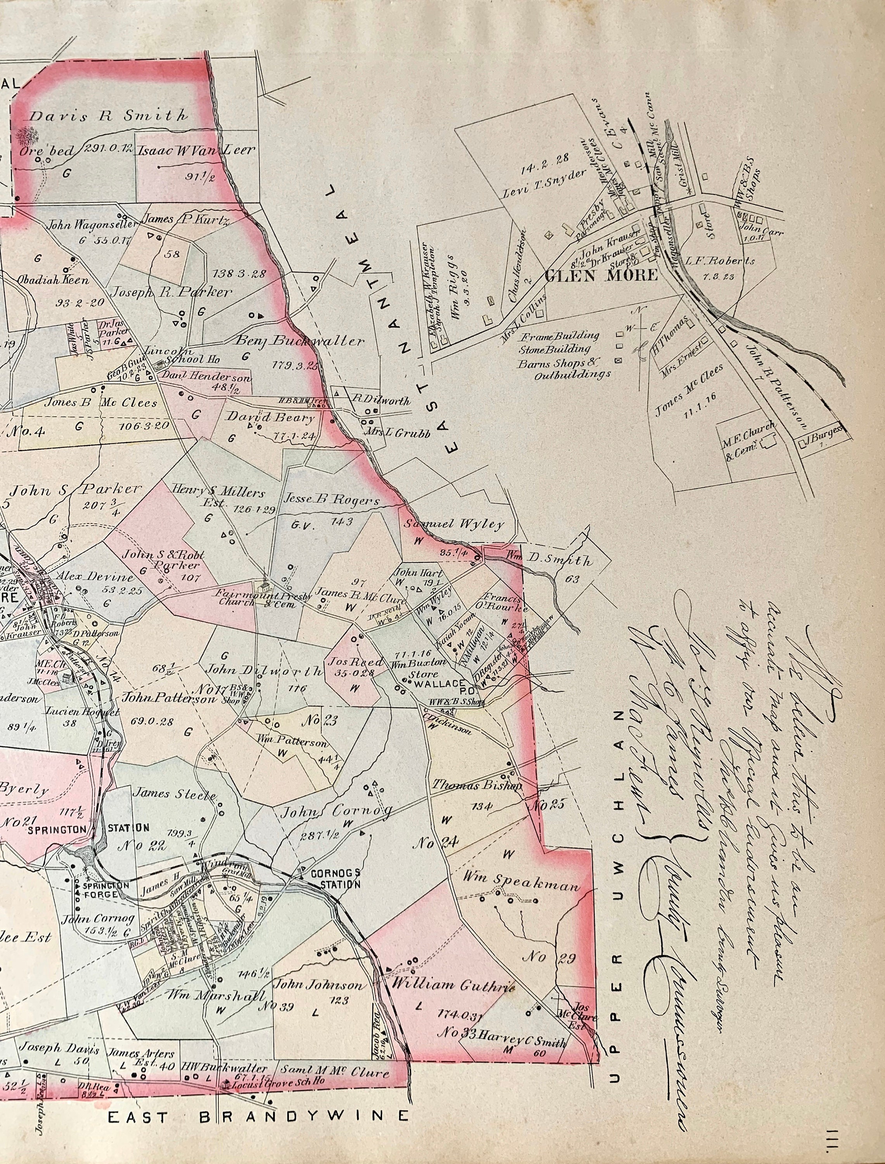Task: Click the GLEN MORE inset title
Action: (x=601, y=275)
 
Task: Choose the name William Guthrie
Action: (x=451, y=984)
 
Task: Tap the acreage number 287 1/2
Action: (x=319, y=836)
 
